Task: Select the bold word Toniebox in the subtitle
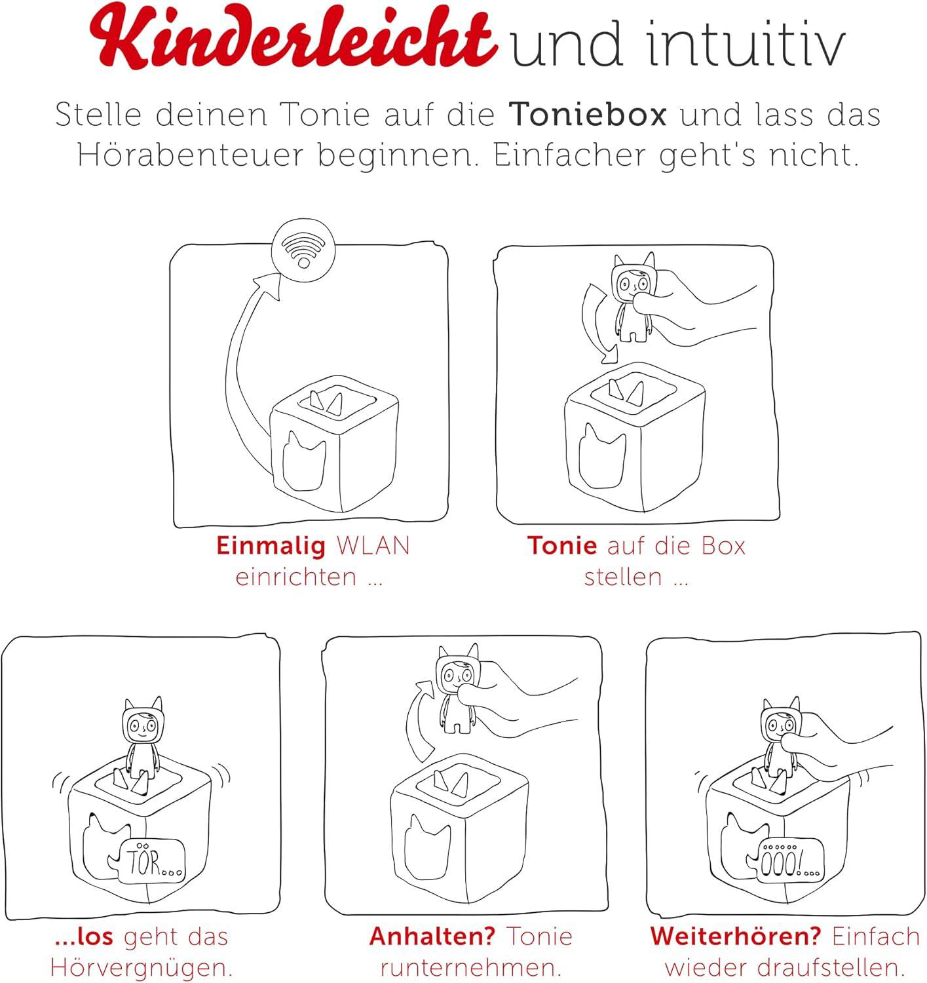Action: click(588, 115)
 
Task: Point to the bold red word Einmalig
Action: click(271, 546)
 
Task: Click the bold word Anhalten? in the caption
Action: click(432, 936)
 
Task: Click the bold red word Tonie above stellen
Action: click(562, 546)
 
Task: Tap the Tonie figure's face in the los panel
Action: click(142, 725)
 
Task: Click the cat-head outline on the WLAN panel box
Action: click(303, 460)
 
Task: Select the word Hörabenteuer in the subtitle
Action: click(197, 156)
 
